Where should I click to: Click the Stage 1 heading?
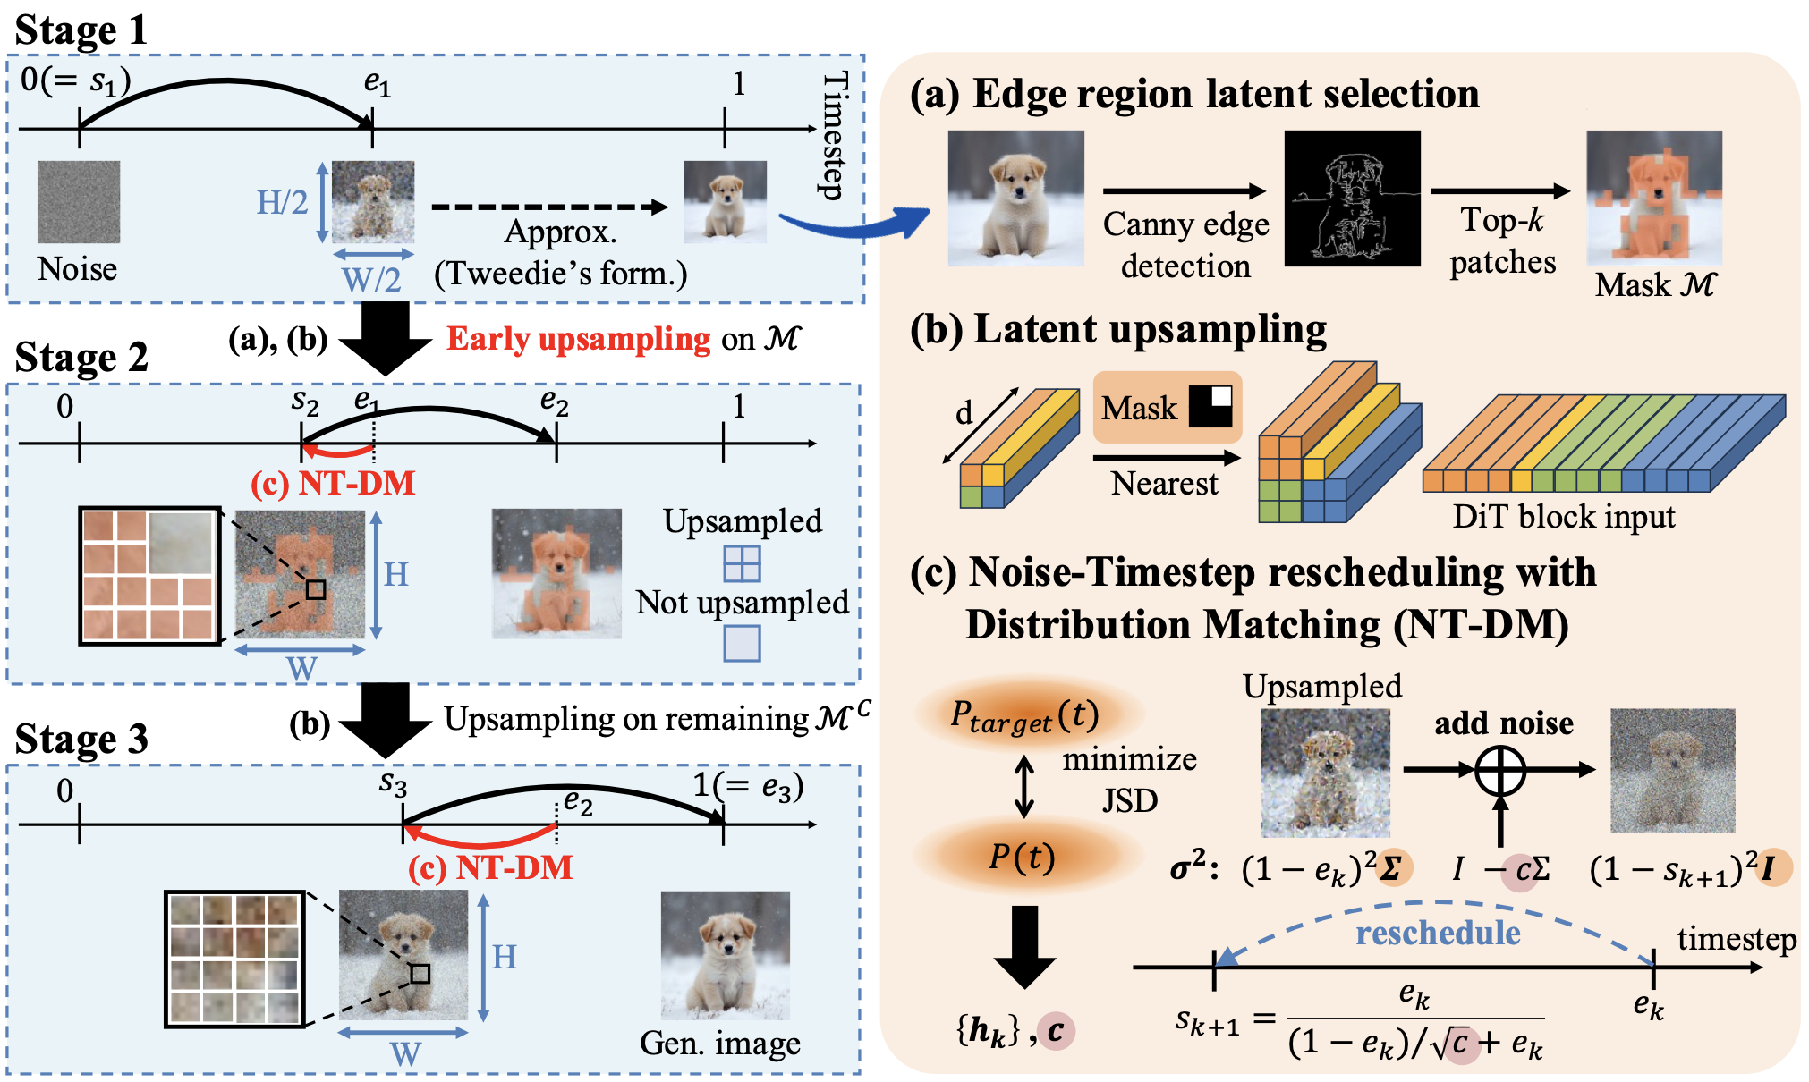click(x=81, y=30)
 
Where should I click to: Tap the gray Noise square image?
click(x=79, y=202)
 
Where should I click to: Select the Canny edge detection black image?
click(x=1352, y=199)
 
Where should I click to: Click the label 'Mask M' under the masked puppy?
click(x=1655, y=285)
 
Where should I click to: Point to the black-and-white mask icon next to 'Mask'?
click(x=1210, y=407)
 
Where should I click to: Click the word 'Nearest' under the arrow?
click(x=1164, y=484)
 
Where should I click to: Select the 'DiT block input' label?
click(x=1563, y=517)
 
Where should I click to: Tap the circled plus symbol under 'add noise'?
click(x=1499, y=770)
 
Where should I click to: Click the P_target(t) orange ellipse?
click(x=1025, y=715)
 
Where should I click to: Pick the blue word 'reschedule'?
click(x=1438, y=933)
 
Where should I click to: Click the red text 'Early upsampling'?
click(x=579, y=339)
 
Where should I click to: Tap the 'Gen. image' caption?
click(x=719, y=1044)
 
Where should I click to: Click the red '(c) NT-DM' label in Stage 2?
click(x=333, y=484)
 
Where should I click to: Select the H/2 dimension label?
click(x=282, y=203)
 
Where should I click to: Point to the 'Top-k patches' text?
click(x=1502, y=241)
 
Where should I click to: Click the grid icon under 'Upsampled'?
click(x=742, y=563)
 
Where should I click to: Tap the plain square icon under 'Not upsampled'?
click(x=742, y=643)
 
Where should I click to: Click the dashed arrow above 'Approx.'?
click(x=549, y=207)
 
